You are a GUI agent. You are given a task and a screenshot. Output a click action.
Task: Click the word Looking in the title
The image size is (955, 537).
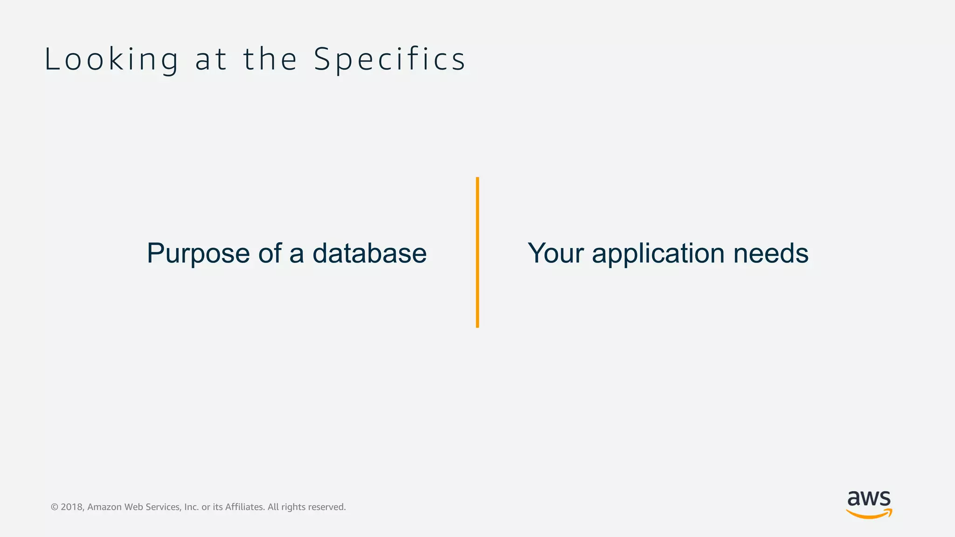(x=111, y=60)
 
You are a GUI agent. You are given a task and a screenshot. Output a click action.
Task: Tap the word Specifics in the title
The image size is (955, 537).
(x=389, y=60)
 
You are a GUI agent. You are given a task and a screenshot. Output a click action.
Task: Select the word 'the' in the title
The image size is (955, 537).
(x=270, y=60)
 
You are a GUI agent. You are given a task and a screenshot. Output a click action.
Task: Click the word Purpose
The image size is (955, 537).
(x=198, y=254)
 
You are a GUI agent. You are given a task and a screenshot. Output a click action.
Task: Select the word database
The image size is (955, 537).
(x=369, y=253)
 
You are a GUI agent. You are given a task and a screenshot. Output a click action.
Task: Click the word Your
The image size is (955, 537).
(x=555, y=253)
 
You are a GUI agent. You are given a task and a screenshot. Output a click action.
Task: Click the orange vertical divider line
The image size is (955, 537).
(x=477, y=252)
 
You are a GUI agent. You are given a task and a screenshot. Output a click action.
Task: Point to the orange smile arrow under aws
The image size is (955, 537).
(x=869, y=514)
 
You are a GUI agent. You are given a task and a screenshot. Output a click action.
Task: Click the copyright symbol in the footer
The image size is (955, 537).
(x=55, y=507)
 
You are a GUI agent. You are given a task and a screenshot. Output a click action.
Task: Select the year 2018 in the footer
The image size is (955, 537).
(x=72, y=507)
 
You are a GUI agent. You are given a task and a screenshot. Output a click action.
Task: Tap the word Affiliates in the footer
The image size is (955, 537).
(x=245, y=507)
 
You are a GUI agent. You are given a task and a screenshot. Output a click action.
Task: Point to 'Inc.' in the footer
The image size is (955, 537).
(x=191, y=507)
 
